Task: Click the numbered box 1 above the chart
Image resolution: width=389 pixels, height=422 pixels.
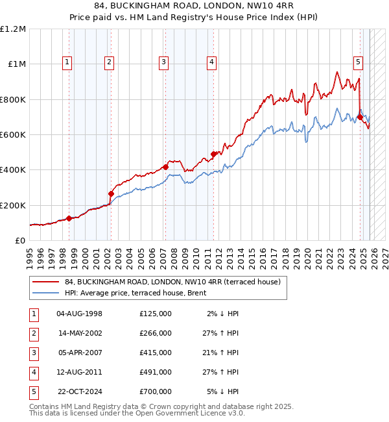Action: coord(68,62)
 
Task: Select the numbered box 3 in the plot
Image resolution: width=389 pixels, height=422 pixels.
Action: coord(163,62)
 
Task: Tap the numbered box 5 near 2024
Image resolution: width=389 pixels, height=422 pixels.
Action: coord(358,62)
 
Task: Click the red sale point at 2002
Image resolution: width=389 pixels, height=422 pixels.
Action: coord(111,193)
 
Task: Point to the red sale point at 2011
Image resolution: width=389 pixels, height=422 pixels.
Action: coord(213,155)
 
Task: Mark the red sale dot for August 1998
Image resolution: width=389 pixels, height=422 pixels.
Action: coord(69,218)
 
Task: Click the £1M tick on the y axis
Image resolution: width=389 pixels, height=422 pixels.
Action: coord(15,64)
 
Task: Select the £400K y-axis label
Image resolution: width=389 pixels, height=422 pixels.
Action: coord(13,170)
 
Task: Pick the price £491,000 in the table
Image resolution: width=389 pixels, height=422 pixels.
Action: coord(155,372)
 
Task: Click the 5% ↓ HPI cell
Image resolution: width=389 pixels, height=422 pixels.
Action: coord(224,391)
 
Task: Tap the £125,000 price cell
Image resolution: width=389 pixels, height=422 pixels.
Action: coord(155,314)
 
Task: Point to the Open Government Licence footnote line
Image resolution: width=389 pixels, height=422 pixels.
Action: coord(137,413)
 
